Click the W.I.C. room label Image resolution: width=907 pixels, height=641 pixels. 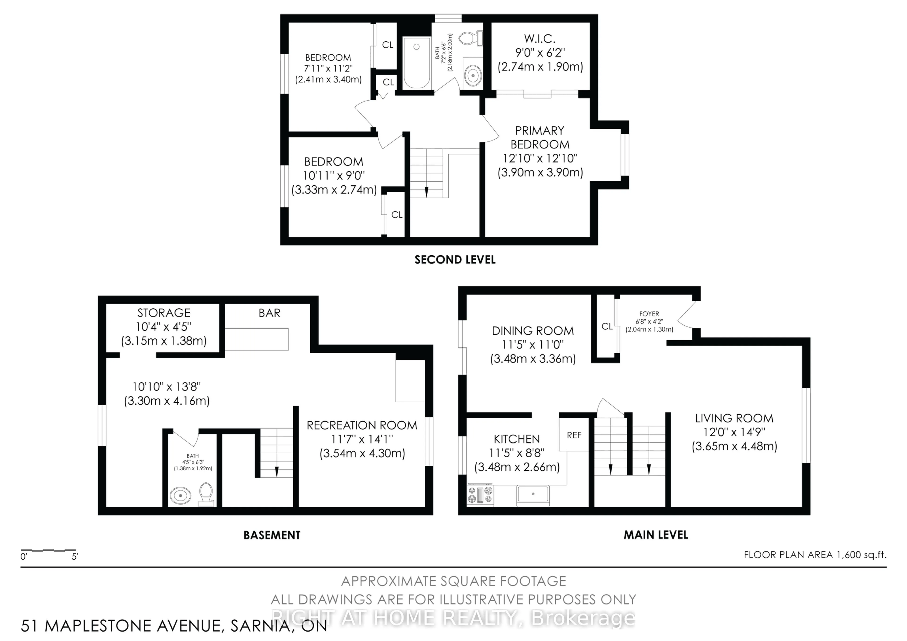pyautogui.click(x=540, y=39)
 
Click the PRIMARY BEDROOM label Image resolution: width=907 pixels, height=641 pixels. pyautogui.click(x=540, y=137)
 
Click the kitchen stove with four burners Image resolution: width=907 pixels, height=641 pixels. pyautogui.click(x=480, y=495)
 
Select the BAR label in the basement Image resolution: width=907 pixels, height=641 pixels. pyautogui.click(x=270, y=313)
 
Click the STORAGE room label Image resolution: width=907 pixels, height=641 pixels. pyautogui.click(x=164, y=313)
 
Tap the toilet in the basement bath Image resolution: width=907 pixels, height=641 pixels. pyautogui.click(x=206, y=494)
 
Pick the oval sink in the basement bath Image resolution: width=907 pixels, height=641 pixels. pyautogui.click(x=180, y=495)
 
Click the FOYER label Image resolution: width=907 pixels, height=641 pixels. pyautogui.click(x=649, y=314)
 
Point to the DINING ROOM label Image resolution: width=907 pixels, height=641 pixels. pyautogui.click(x=533, y=331)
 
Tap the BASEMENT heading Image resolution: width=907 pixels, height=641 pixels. pyautogui.click(x=272, y=535)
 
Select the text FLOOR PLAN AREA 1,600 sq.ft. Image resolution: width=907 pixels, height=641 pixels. pyautogui.click(x=815, y=555)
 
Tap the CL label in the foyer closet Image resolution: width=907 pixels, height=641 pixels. pyautogui.click(x=607, y=326)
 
